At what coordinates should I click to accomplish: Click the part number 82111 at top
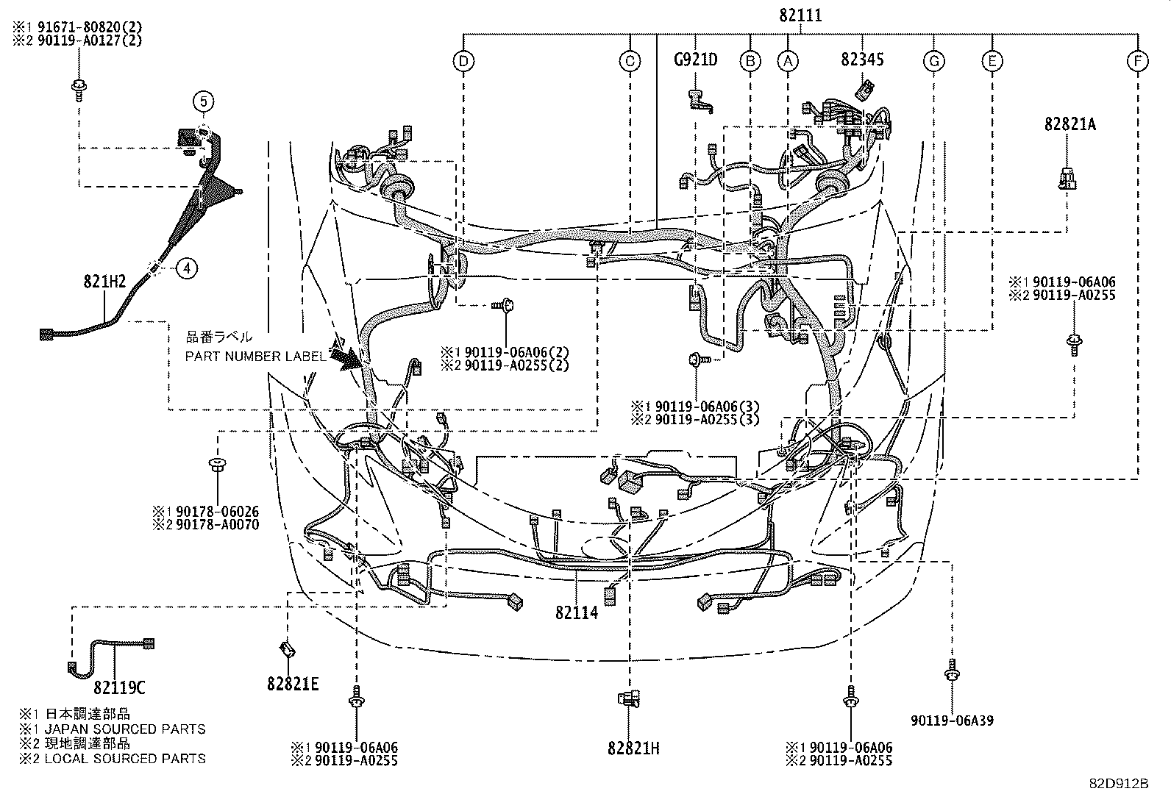[x=801, y=15]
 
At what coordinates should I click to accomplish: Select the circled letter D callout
[x=463, y=61]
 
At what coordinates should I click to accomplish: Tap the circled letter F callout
[x=1137, y=61]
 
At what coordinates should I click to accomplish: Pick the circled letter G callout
[x=933, y=61]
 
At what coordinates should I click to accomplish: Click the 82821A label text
[x=1069, y=125]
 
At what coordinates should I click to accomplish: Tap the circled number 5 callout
[x=203, y=101]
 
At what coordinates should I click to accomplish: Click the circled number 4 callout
[x=187, y=269]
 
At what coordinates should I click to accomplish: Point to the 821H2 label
[x=104, y=280]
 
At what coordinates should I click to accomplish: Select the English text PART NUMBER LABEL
[x=255, y=357]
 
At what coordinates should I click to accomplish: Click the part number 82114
[x=577, y=612]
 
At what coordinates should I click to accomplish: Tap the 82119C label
[x=120, y=688]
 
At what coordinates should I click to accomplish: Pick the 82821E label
[x=293, y=684]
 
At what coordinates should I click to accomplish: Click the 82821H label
[x=633, y=748]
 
